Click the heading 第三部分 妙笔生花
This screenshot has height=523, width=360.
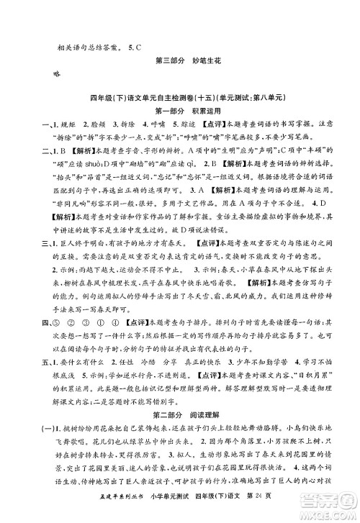coord(180,59)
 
